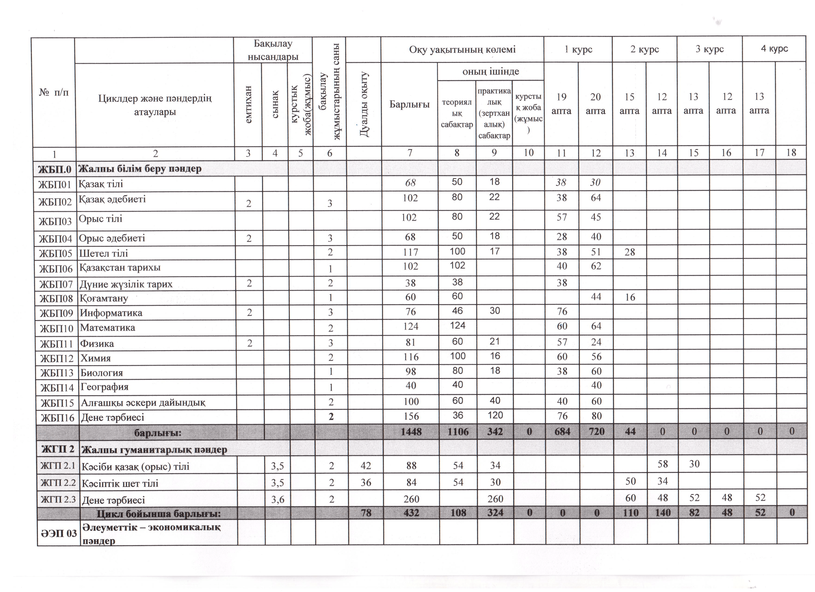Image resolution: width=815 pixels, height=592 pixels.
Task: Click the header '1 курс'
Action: click(x=578, y=49)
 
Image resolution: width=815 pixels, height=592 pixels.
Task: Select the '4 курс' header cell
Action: click(x=774, y=48)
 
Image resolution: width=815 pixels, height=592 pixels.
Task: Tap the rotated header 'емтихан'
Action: click(x=248, y=104)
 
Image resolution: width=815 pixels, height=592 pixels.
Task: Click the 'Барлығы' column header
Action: click(x=409, y=104)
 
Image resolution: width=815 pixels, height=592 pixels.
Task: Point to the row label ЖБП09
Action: click(x=56, y=313)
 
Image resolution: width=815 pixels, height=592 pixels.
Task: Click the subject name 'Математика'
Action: click(x=108, y=327)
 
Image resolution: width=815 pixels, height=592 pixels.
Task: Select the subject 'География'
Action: click(x=104, y=387)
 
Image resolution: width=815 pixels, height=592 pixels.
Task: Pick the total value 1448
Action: click(x=411, y=431)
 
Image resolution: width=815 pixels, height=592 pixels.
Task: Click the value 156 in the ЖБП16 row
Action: click(x=411, y=416)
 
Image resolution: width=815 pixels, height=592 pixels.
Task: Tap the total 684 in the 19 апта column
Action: click(x=562, y=431)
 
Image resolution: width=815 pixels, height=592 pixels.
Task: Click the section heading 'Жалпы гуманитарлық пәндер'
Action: click(x=154, y=450)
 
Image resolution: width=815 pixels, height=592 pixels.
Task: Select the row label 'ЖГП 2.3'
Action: click(x=58, y=499)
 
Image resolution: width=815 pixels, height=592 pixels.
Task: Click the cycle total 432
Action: click(x=411, y=513)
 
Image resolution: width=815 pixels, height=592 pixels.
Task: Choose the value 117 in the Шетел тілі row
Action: click(x=410, y=252)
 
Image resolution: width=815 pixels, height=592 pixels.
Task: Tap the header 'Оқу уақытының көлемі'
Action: click(x=462, y=49)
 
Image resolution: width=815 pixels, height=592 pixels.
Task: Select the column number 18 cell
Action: click(x=791, y=153)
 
